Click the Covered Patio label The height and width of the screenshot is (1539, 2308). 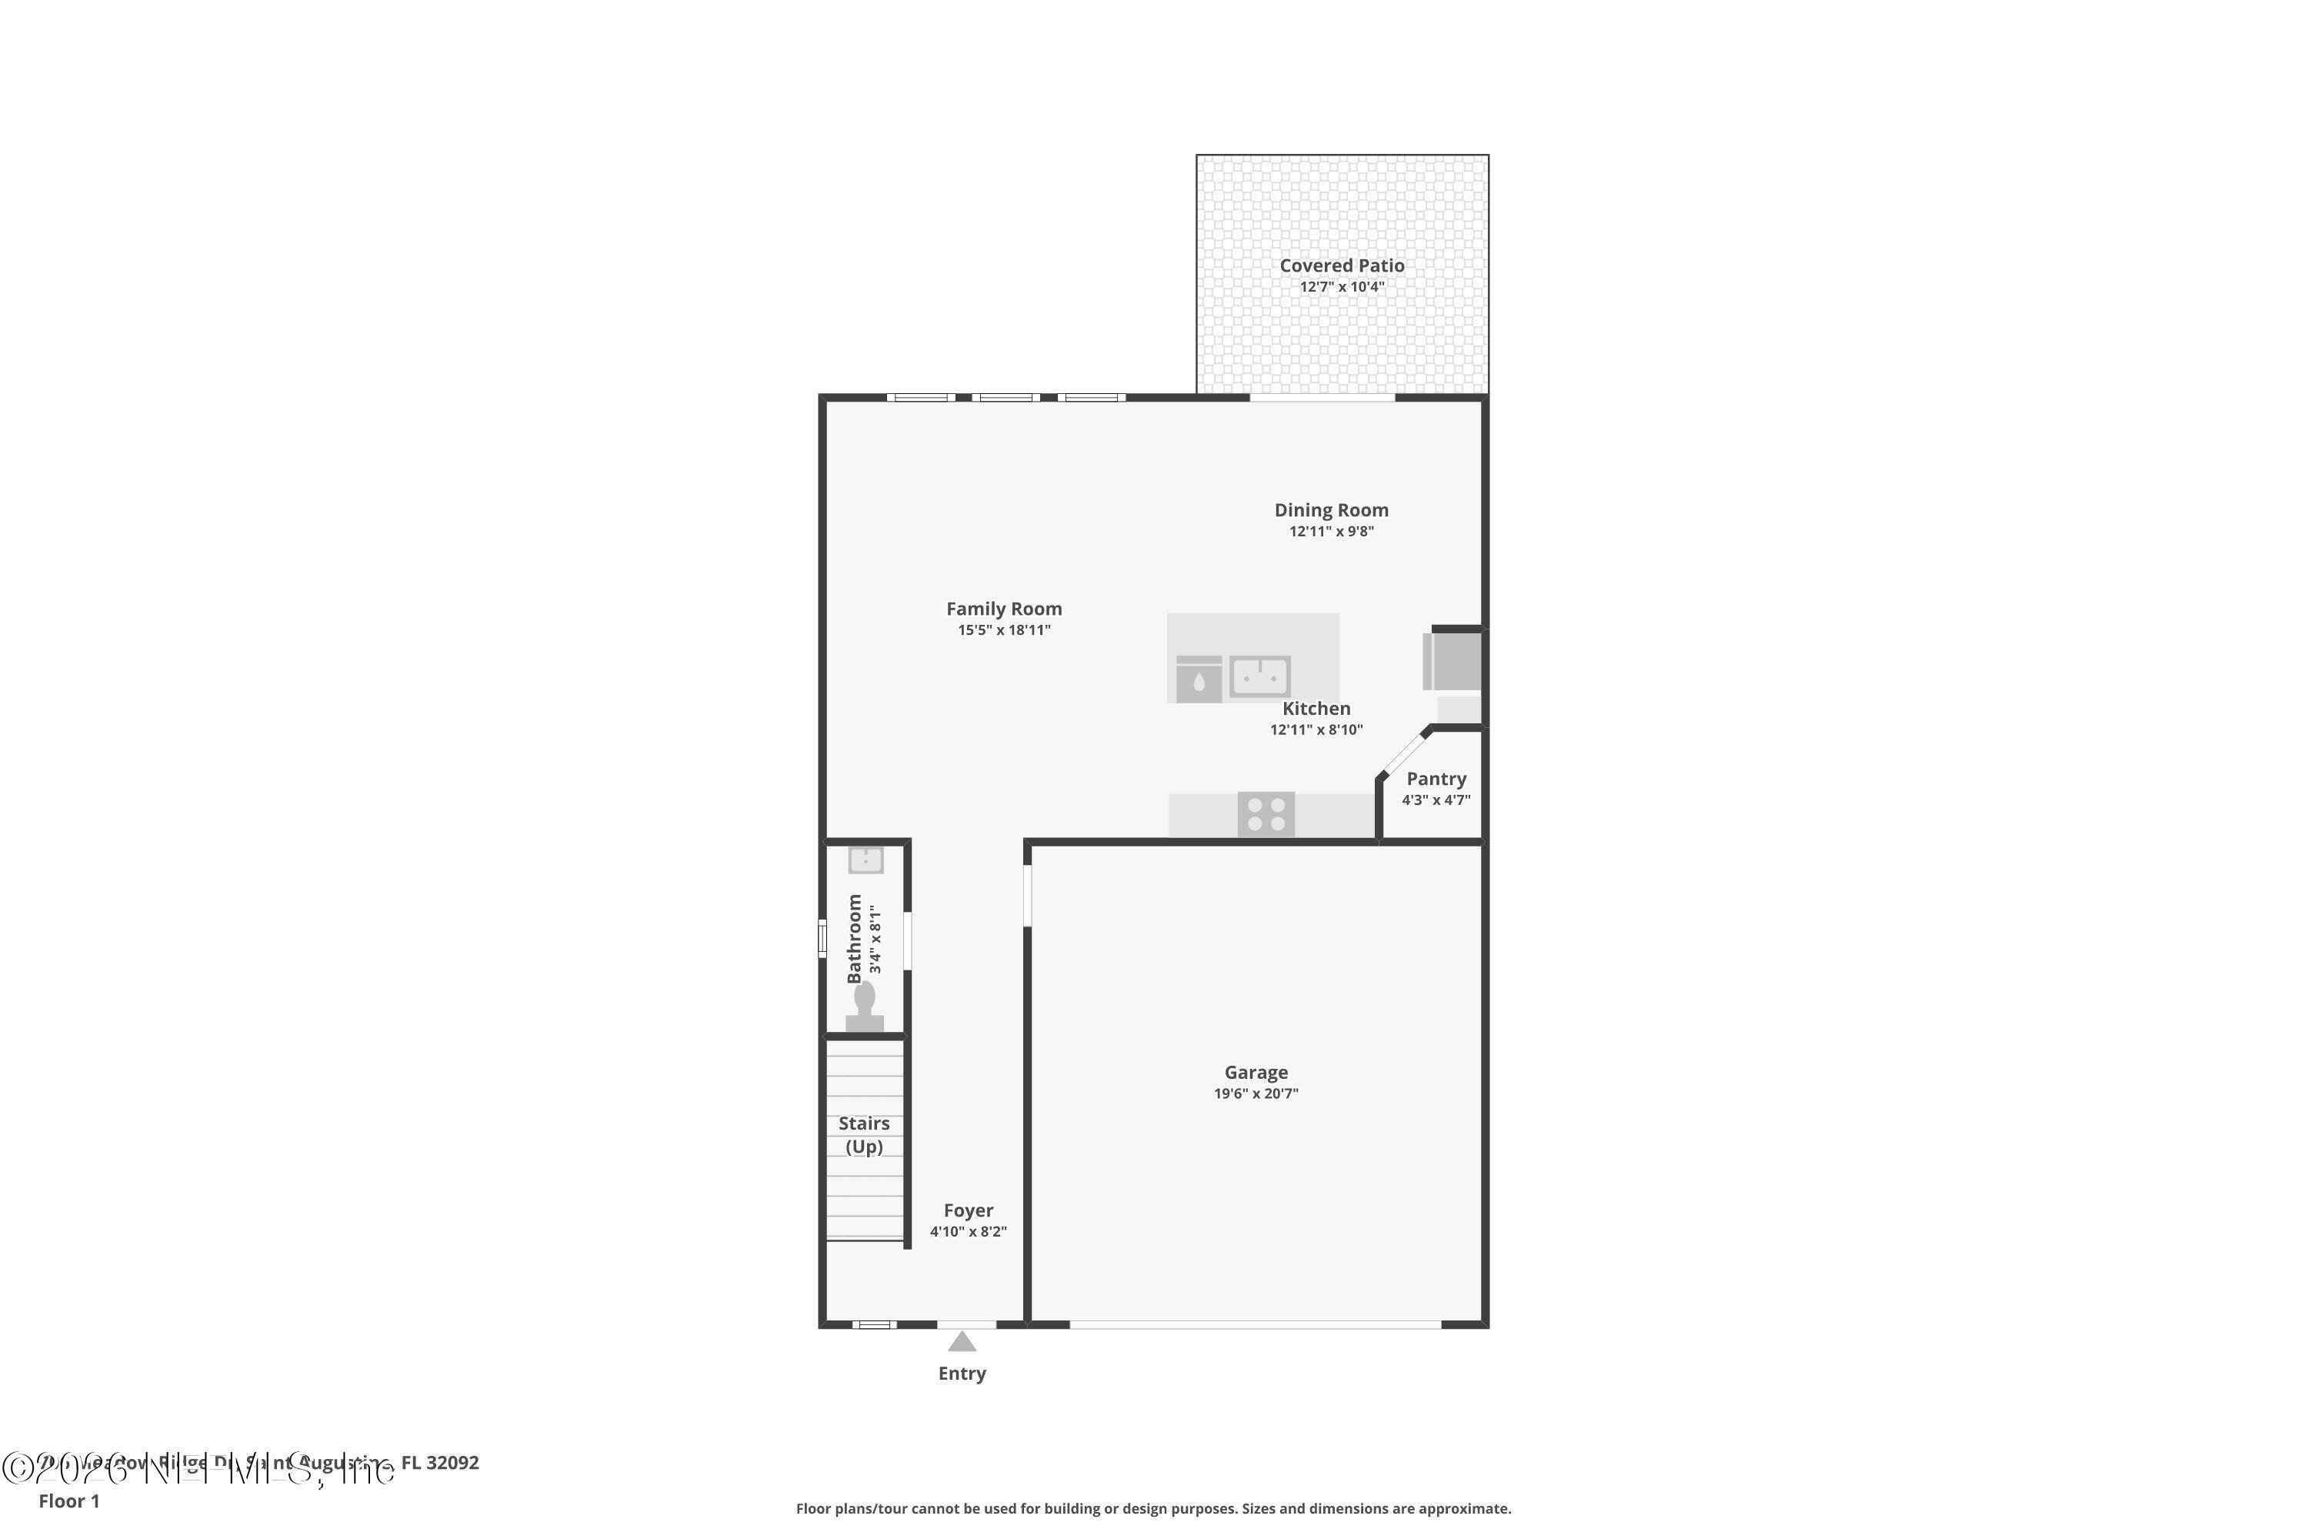(1342, 265)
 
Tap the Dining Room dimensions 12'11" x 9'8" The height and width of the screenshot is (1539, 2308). (1331, 532)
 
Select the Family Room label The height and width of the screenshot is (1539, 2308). (1004, 609)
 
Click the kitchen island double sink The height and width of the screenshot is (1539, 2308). (1260, 676)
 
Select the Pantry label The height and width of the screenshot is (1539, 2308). (1436, 778)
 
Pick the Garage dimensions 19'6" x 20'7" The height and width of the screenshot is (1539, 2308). (1256, 1093)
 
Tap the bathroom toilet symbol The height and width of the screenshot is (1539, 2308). (865, 1008)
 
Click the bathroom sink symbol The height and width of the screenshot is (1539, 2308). (865, 860)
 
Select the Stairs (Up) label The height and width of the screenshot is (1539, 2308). (863, 1134)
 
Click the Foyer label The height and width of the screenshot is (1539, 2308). (969, 1210)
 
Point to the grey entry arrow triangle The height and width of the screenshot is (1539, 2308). (962, 1342)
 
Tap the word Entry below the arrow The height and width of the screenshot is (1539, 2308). (962, 1373)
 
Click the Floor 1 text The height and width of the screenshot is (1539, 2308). (68, 1501)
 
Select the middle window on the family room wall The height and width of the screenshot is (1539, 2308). (1006, 398)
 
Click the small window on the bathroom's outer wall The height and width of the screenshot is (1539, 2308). (822, 937)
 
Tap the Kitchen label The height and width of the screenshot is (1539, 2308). (1316, 709)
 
